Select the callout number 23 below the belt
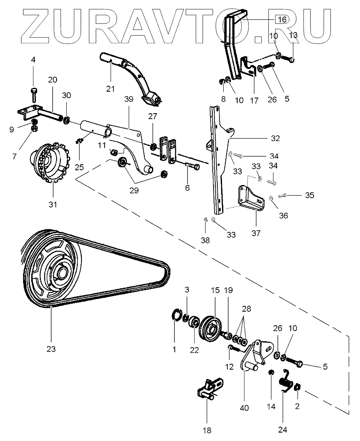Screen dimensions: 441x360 51,349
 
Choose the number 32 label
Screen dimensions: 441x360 276,138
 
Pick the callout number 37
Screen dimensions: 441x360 256,233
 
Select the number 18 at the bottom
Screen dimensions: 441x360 207,430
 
